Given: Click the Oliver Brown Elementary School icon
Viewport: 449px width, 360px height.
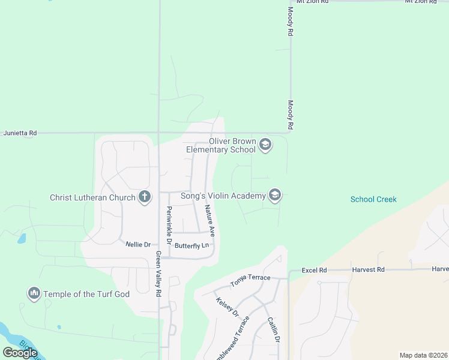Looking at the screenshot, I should pos(265,145).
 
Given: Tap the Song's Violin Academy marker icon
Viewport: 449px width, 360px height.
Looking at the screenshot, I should pos(275,196).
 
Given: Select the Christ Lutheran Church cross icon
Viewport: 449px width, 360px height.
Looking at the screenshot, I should pos(144,197).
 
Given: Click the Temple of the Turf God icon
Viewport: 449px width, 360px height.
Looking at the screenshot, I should pos(34,293).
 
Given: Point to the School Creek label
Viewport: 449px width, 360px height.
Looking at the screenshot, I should pos(373,199).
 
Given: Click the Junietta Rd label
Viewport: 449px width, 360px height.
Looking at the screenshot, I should pos(20,133).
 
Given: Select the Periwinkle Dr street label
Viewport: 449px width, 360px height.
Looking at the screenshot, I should pos(169,220).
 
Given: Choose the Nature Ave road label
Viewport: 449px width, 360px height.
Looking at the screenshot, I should pos(209,220).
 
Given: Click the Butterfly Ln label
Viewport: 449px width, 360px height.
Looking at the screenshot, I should pos(191,245).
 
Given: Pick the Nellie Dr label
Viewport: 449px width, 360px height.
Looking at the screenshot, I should pos(137,244).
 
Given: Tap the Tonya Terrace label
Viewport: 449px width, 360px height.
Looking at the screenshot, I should pos(250,280).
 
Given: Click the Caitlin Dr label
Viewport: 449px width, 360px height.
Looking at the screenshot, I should pos(273,329).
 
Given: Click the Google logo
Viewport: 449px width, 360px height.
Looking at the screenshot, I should pos(20,353).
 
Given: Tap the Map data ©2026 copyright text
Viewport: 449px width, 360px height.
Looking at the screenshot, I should pos(423,355).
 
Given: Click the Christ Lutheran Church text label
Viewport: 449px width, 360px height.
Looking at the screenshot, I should pos(93,197).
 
